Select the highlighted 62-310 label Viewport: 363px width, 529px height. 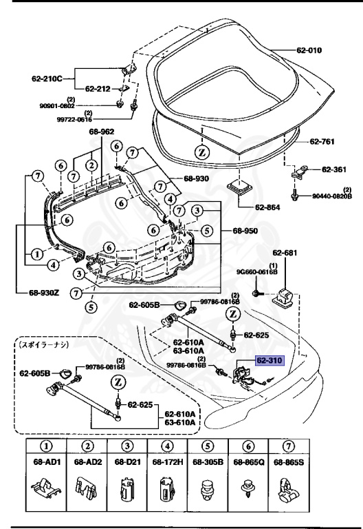[270, 360]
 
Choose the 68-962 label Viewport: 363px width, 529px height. [102, 132]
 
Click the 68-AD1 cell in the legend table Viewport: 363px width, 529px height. [43, 462]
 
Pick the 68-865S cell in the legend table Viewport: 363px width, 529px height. [287, 462]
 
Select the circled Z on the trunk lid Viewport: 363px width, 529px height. [203, 151]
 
